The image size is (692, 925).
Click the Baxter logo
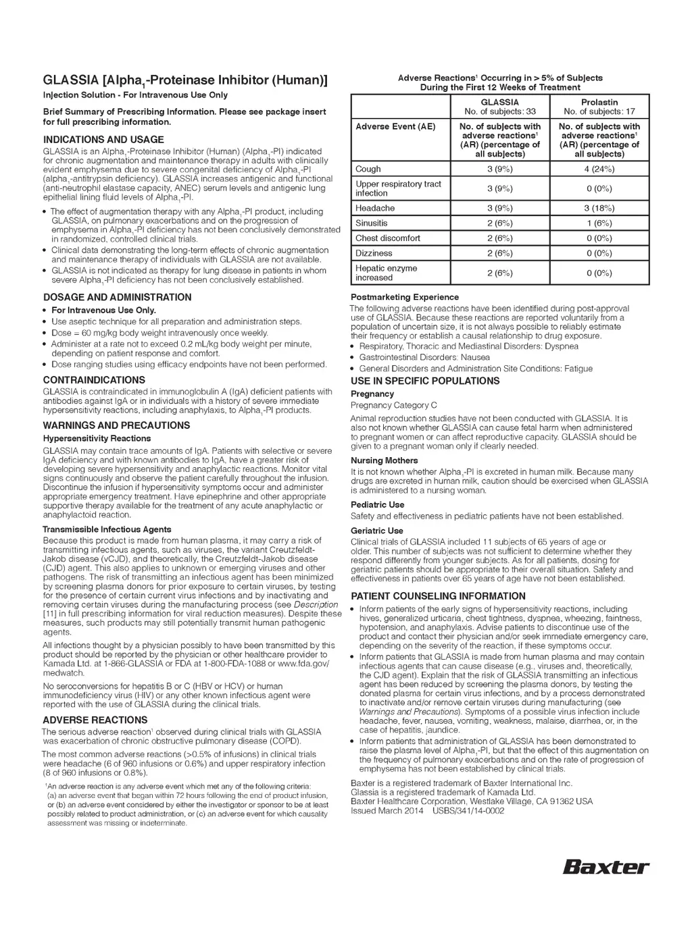605,866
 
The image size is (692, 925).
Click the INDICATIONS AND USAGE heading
103,140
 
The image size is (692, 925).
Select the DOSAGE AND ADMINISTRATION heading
117,297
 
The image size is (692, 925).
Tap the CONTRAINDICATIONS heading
94,380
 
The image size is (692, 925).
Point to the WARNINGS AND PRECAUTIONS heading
116,425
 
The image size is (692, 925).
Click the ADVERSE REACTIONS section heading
95,720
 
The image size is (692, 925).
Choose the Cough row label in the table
368,169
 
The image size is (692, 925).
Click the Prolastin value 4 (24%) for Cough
599,169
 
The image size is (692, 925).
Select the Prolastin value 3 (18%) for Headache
599,208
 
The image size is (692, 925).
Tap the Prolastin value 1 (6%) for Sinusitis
599,223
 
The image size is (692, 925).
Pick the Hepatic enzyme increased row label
386,273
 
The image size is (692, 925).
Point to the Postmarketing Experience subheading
404,297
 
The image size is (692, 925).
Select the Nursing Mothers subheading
384,460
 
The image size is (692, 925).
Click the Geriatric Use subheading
376,531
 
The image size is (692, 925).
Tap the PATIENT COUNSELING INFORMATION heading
438,596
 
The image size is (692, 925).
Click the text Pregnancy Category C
393,405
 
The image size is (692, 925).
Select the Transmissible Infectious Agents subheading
107,529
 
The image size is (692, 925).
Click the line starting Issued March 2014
427,811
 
